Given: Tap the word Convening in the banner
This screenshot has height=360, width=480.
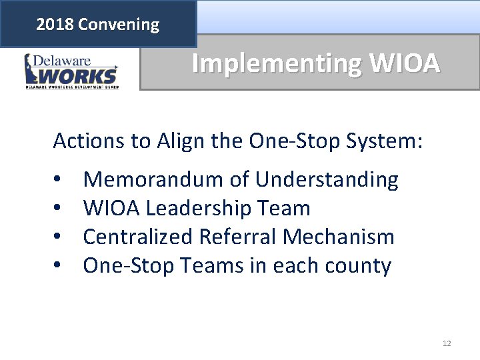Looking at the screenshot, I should [118, 25].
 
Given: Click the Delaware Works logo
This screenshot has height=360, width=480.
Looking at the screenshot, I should [71, 71].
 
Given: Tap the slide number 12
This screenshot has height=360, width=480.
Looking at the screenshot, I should [447, 343].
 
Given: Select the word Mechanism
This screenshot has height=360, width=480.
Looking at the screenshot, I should [351, 237].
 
